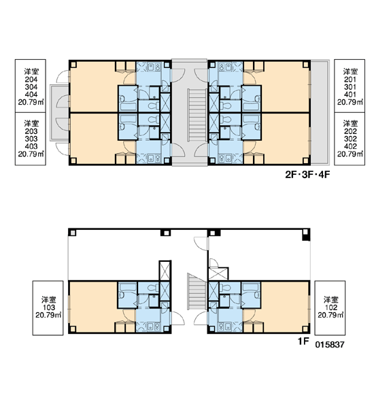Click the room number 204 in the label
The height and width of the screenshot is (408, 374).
click(x=31, y=80)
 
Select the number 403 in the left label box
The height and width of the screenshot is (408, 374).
click(x=31, y=146)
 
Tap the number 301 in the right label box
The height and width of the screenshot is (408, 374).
click(x=350, y=87)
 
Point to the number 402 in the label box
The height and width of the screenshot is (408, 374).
click(x=350, y=146)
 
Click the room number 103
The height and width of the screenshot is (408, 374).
click(x=48, y=307)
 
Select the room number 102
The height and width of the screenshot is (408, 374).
click(x=330, y=307)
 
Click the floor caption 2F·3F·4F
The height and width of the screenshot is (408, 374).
click(x=307, y=175)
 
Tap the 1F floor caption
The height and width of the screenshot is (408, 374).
click(x=303, y=341)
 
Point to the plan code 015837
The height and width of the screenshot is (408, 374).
click(x=330, y=345)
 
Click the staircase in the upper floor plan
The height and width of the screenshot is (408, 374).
click(x=197, y=116)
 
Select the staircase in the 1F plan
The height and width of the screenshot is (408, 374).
click(x=197, y=292)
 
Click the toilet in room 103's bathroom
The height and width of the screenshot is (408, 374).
click(x=154, y=288)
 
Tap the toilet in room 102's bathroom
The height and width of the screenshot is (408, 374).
click(x=225, y=288)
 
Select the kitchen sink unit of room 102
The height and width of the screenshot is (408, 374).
click(x=225, y=327)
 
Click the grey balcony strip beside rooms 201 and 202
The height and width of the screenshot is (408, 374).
click(x=320, y=112)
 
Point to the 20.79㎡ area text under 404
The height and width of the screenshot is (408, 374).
click(x=31, y=102)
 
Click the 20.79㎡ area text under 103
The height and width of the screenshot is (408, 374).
click(x=48, y=315)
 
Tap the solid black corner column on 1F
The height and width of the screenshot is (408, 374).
click(x=306, y=237)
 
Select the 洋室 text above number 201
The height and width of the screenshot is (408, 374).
click(x=350, y=71)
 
